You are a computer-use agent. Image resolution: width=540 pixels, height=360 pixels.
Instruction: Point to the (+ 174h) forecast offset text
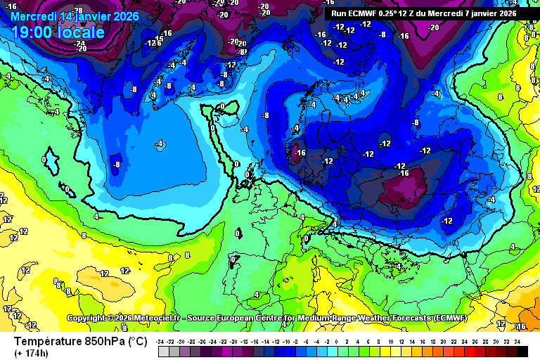pyautogui.click(x=32, y=353)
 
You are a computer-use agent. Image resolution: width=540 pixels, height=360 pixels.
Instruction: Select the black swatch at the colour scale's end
pyautogui.click(x=517, y=352)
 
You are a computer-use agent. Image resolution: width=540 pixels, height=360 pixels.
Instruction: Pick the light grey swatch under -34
pyautogui.click(x=163, y=352)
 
